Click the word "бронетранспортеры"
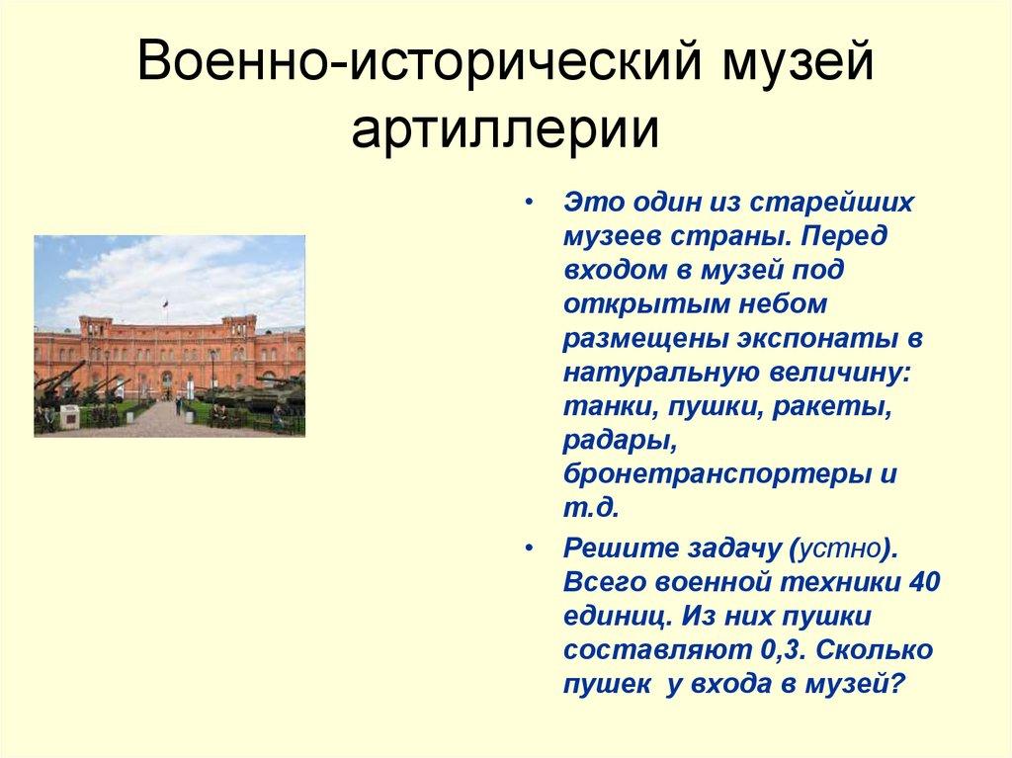click(x=716, y=473)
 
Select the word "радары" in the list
click(x=612, y=439)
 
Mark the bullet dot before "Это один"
click(x=531, y=202)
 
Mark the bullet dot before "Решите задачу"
click(x=531, y=547)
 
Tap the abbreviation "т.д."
click(x=590, y=508)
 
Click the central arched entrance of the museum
click(x=167, y=382)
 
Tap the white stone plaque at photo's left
click(x=69, y=416)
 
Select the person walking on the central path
click(x=178, y=405)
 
